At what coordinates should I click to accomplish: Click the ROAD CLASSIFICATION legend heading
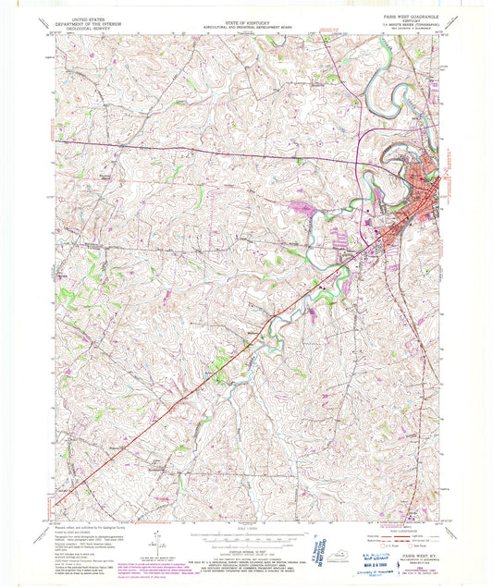coord(395,514)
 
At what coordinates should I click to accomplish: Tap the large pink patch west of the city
coord(302,207)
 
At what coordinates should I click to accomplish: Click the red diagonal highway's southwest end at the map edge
coord(57,504)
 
